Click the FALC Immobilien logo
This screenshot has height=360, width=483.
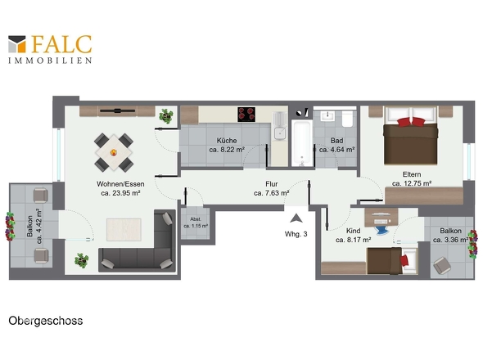click(50, 49)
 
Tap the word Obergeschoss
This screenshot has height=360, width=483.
click(46, 321)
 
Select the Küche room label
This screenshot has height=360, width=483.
click(227, 141)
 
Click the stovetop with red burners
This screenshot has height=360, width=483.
click(246, 115)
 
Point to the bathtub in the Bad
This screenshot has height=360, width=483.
click(301, 143)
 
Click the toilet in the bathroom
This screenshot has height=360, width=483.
click(347, 119)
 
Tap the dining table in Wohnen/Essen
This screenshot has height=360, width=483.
click(114, 152)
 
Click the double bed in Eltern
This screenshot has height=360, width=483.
click(410, 136)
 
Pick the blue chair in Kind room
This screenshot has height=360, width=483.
click(382, 230)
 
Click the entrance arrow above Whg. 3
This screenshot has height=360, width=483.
click(296, 218)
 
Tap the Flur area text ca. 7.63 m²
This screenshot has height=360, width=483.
click(271, 193)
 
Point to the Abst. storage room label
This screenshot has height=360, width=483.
click(196, 219)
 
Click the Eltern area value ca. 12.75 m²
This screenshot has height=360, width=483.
click(412, 183)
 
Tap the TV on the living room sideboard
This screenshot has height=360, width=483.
click(117, 110)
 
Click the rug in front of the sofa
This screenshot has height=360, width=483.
click(124, 229)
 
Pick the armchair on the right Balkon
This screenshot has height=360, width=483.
click(442, 265)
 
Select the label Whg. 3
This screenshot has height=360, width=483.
click(296, 234)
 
